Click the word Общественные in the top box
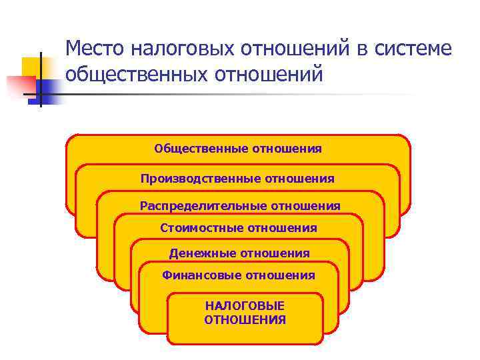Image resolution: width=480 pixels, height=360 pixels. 201,149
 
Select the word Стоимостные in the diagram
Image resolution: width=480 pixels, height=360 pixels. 201,229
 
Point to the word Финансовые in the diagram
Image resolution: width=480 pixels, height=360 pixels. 201,275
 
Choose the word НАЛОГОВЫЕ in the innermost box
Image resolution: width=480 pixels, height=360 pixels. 245,305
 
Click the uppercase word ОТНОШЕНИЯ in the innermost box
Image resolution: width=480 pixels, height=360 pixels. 245,320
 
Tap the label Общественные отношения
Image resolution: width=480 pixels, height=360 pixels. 238,149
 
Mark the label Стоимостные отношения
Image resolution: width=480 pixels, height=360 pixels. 239,229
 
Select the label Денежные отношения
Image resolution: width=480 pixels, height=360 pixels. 239,253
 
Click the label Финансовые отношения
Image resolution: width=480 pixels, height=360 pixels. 239,275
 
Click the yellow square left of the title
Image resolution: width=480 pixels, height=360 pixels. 33,67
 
